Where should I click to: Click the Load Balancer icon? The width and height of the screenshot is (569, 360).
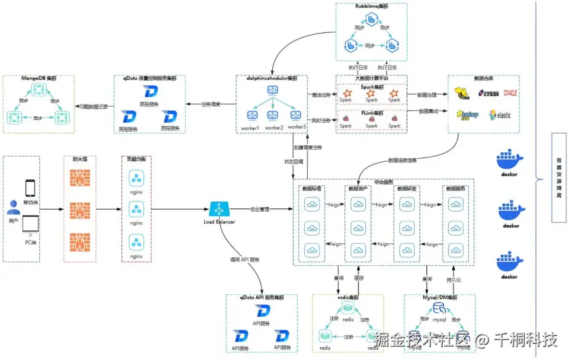pyautogui.click(x=217, y=209)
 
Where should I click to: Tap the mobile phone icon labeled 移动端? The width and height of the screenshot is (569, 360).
pyautogui.click(x=30, y=187)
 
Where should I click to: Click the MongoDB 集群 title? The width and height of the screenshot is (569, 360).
pyautogui.click(x=39, y=79)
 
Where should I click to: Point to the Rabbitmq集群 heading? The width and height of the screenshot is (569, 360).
pyautogui.click(x=372, y=6)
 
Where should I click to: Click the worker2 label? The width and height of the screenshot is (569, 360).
pyautogui.click(x=274, y=128)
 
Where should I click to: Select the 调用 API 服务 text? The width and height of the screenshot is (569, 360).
pyautogui.click(x=243, y=259)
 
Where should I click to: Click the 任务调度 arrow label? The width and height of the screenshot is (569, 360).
pyautogui.click(x=211, y=104)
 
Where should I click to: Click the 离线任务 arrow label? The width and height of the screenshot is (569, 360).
pyautogui.click(x=321, y=95)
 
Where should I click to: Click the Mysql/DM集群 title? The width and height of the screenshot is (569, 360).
pyautogui.click(x=439, y=297)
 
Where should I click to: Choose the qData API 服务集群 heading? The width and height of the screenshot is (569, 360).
pyautogui.click(x=261, y=298)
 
